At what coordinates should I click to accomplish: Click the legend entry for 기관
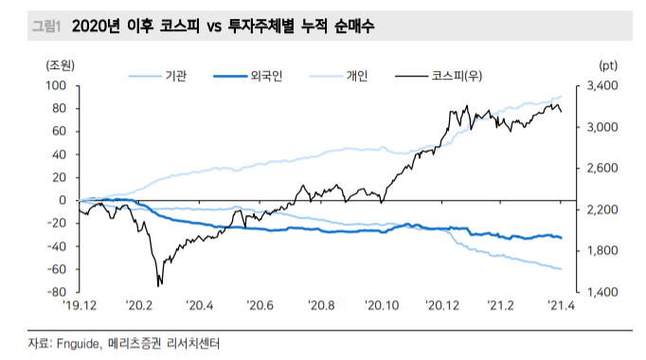coord(173,75)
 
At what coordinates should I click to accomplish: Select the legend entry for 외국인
coord(266,75)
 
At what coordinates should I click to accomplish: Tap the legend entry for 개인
coord(357,75)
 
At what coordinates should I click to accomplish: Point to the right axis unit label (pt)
coord(607,64)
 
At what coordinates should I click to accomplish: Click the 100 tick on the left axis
coord(56,85)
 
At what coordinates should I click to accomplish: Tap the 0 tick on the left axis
coord(63,200)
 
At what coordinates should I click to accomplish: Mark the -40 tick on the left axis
coord(56,246)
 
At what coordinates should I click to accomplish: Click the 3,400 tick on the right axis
coord(602,85)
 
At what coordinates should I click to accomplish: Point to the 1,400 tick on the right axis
coord(602,292)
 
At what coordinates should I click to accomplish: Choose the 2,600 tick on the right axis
coord(602,168)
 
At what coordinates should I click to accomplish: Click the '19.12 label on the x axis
coord(80,306)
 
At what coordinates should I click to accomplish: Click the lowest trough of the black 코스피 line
coord(159,284)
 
